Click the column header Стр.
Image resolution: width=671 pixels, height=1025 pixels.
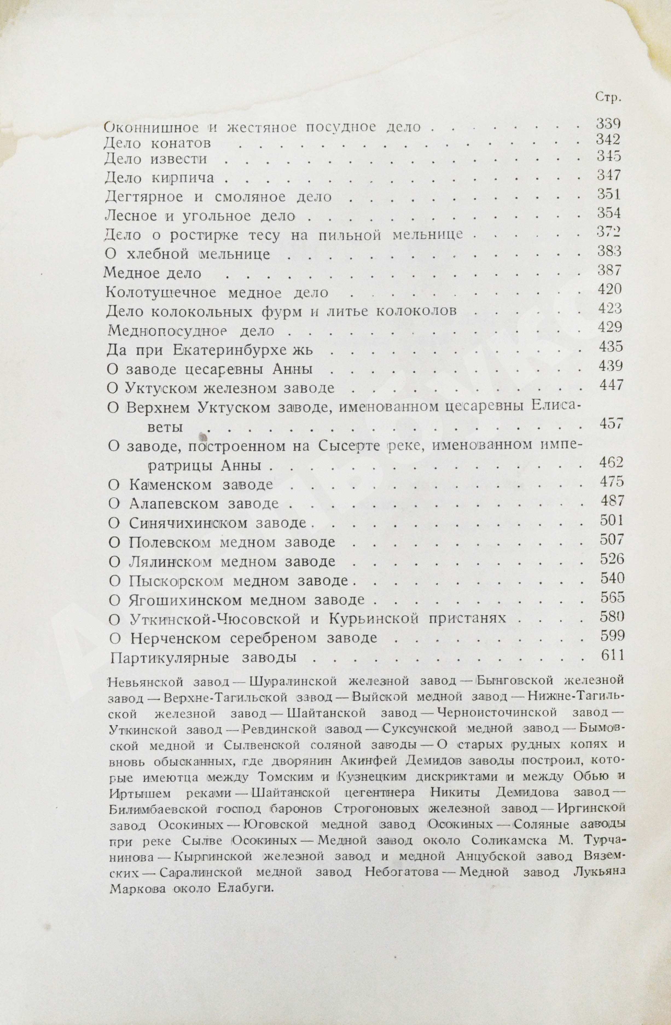coord(608,97)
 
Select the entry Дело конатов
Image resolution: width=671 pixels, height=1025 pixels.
coord(158,143)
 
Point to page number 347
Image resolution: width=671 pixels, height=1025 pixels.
coord(609,175)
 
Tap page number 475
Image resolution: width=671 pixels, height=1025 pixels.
coord(612,481)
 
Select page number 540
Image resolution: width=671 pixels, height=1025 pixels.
coord(612,578)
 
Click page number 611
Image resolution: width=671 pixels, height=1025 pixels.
coord(612,655)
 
